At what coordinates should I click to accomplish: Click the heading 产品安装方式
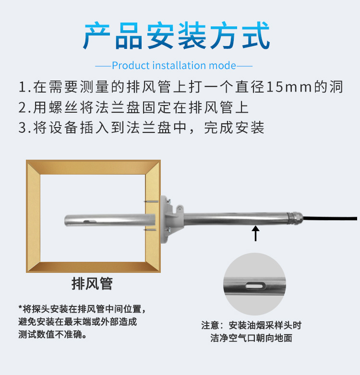pos(177,35)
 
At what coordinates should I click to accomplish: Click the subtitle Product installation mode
pos(174,66)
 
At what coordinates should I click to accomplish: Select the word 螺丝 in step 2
pos(63,107)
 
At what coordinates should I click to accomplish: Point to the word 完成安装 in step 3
pos(234,128)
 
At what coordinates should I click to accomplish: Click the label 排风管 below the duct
pos(92,283)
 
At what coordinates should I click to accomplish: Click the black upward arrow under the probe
pos(256,234)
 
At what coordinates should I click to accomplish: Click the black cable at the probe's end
pos(330,218)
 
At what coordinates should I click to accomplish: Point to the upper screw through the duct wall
pos(151,201)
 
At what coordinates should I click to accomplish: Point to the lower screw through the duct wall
pos(150,230)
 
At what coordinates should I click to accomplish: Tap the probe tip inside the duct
pos(67,221)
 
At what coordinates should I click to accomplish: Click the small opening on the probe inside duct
pos(89,222)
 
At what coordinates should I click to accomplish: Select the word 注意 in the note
pos(210,325)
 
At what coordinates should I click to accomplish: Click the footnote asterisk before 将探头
pos(20,307)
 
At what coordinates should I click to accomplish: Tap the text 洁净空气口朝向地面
pos(252,338)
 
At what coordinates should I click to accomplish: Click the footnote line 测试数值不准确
pos(52,334)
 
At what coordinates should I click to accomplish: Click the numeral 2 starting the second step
pos(22,107)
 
